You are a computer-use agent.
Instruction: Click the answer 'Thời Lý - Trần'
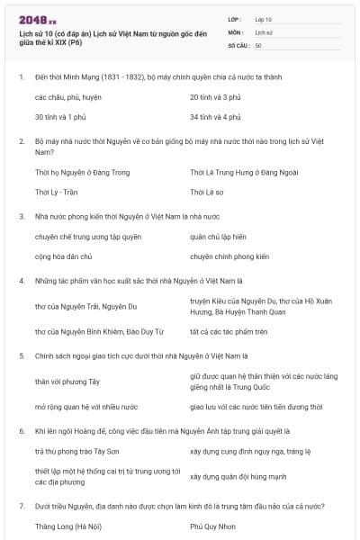click(x=57, y=192)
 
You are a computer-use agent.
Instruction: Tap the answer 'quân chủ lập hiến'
click(x=220, y=237)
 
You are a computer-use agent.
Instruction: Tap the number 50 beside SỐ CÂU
click(x=258, y=45)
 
